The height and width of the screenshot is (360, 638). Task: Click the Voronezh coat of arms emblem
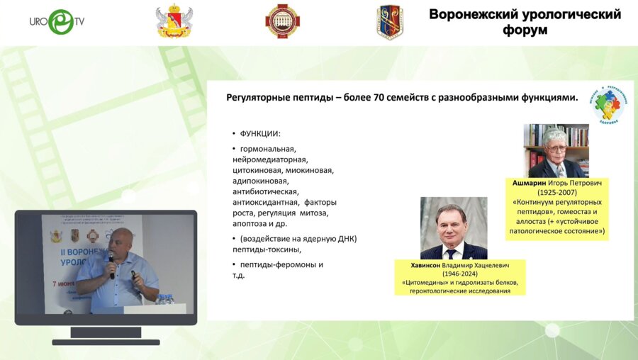[174, 22]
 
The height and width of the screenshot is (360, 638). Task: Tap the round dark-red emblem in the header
[282, 21]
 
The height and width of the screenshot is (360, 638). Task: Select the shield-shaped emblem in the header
[390, 22]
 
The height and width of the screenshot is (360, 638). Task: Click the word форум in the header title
[525, 30]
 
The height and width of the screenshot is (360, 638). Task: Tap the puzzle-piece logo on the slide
[608, 104]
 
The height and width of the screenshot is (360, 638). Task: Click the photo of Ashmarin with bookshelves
[556, 151]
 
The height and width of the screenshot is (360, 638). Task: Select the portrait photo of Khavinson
[454, 227]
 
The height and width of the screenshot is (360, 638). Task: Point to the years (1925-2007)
[557, 192]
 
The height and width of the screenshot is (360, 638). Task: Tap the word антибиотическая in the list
[265, 191]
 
